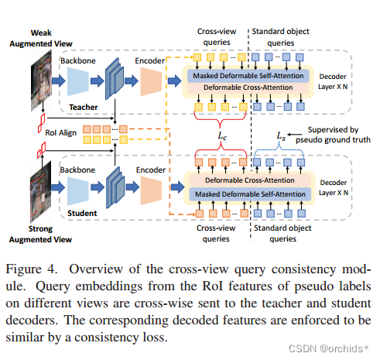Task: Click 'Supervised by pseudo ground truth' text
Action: tap(333, 132)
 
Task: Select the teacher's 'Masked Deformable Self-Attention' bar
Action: tap(252, 75)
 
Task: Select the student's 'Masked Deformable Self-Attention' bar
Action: tap(252, 194)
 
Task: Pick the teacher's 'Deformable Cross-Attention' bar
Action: tap(252, 87)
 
